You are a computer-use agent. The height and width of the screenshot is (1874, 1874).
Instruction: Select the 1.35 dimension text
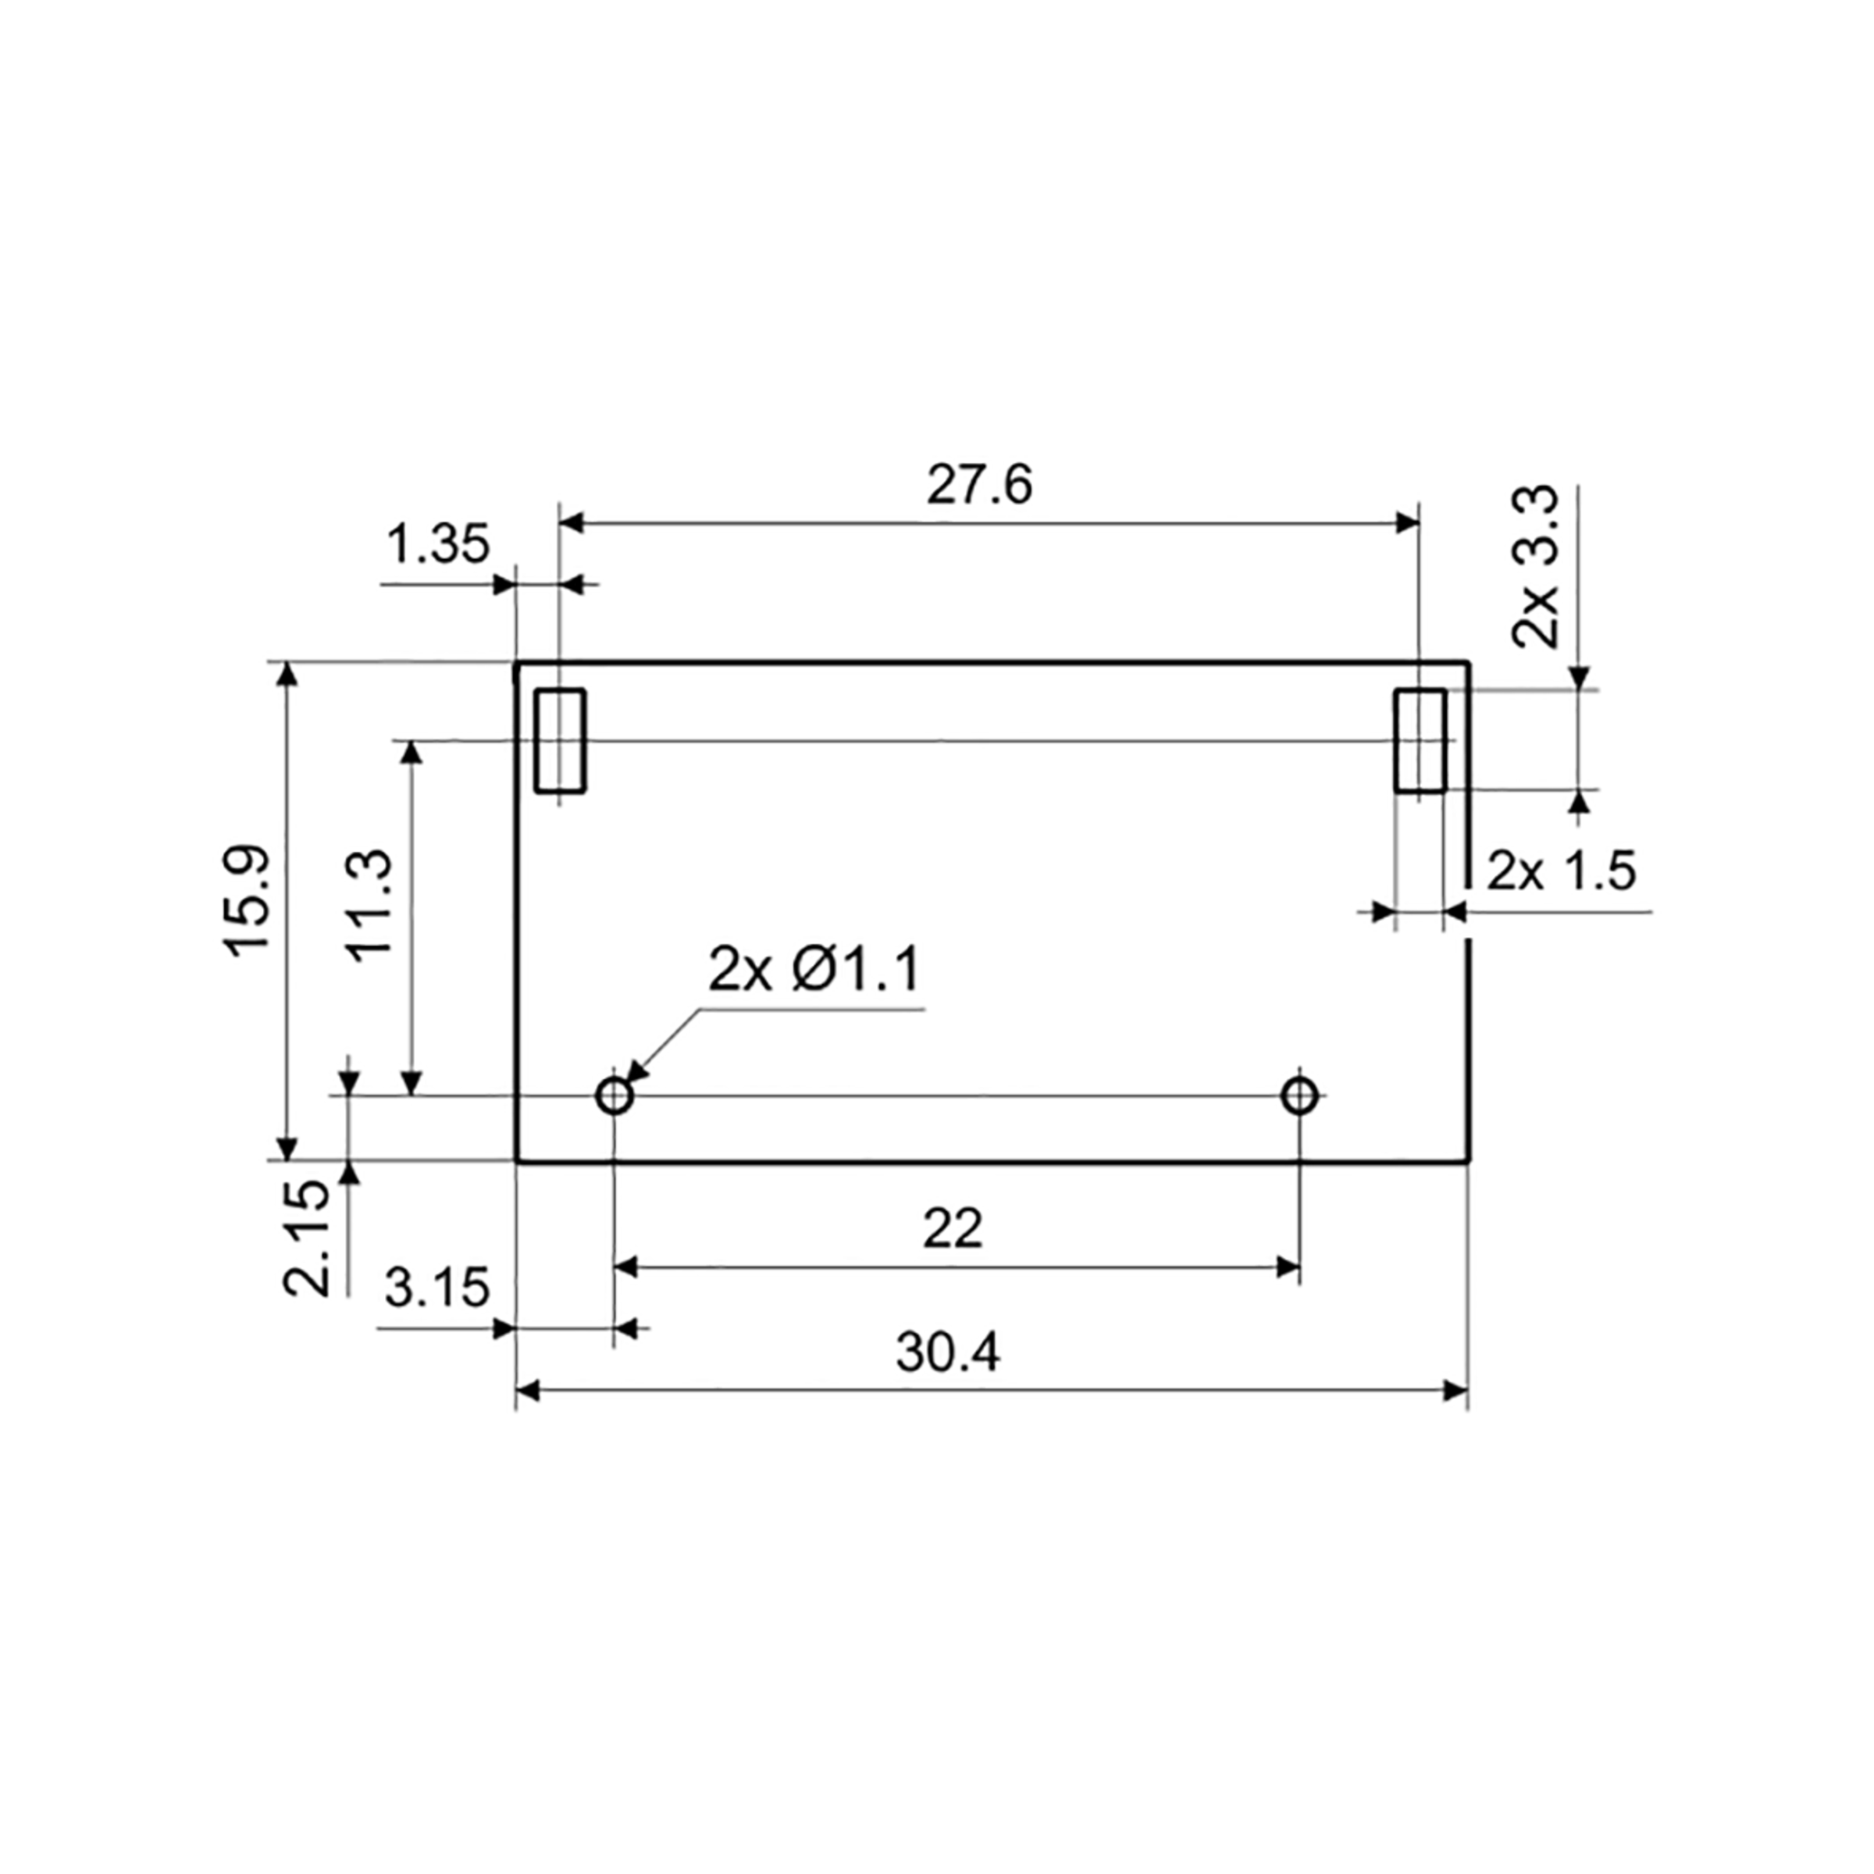click(x=438, y=544)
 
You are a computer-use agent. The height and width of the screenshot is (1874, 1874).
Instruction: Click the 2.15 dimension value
click(x=308, y=1238)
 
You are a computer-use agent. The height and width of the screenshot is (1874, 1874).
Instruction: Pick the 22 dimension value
click(x=952, y=1229)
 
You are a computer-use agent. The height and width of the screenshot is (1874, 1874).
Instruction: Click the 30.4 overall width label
click(x=948, y=1352)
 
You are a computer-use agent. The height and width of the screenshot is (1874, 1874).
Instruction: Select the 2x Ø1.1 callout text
click(x=813, y=970)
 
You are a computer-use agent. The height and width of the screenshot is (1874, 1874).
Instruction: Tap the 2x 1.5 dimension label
click(x=1561, y=871)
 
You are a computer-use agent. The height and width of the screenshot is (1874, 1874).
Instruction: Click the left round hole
click(x=614, y=1096)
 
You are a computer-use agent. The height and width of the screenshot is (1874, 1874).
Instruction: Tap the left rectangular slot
click(x=561, y=741)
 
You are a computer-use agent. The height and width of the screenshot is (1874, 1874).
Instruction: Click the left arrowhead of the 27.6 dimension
click(x=572, y=524)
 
